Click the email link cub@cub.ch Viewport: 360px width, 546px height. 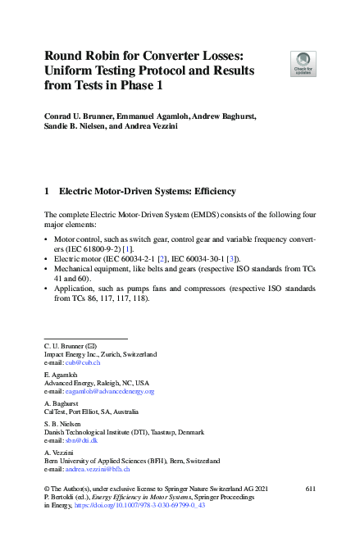(86, 362)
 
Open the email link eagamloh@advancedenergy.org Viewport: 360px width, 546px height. (107, 392)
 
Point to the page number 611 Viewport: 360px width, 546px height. (309, 488)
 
